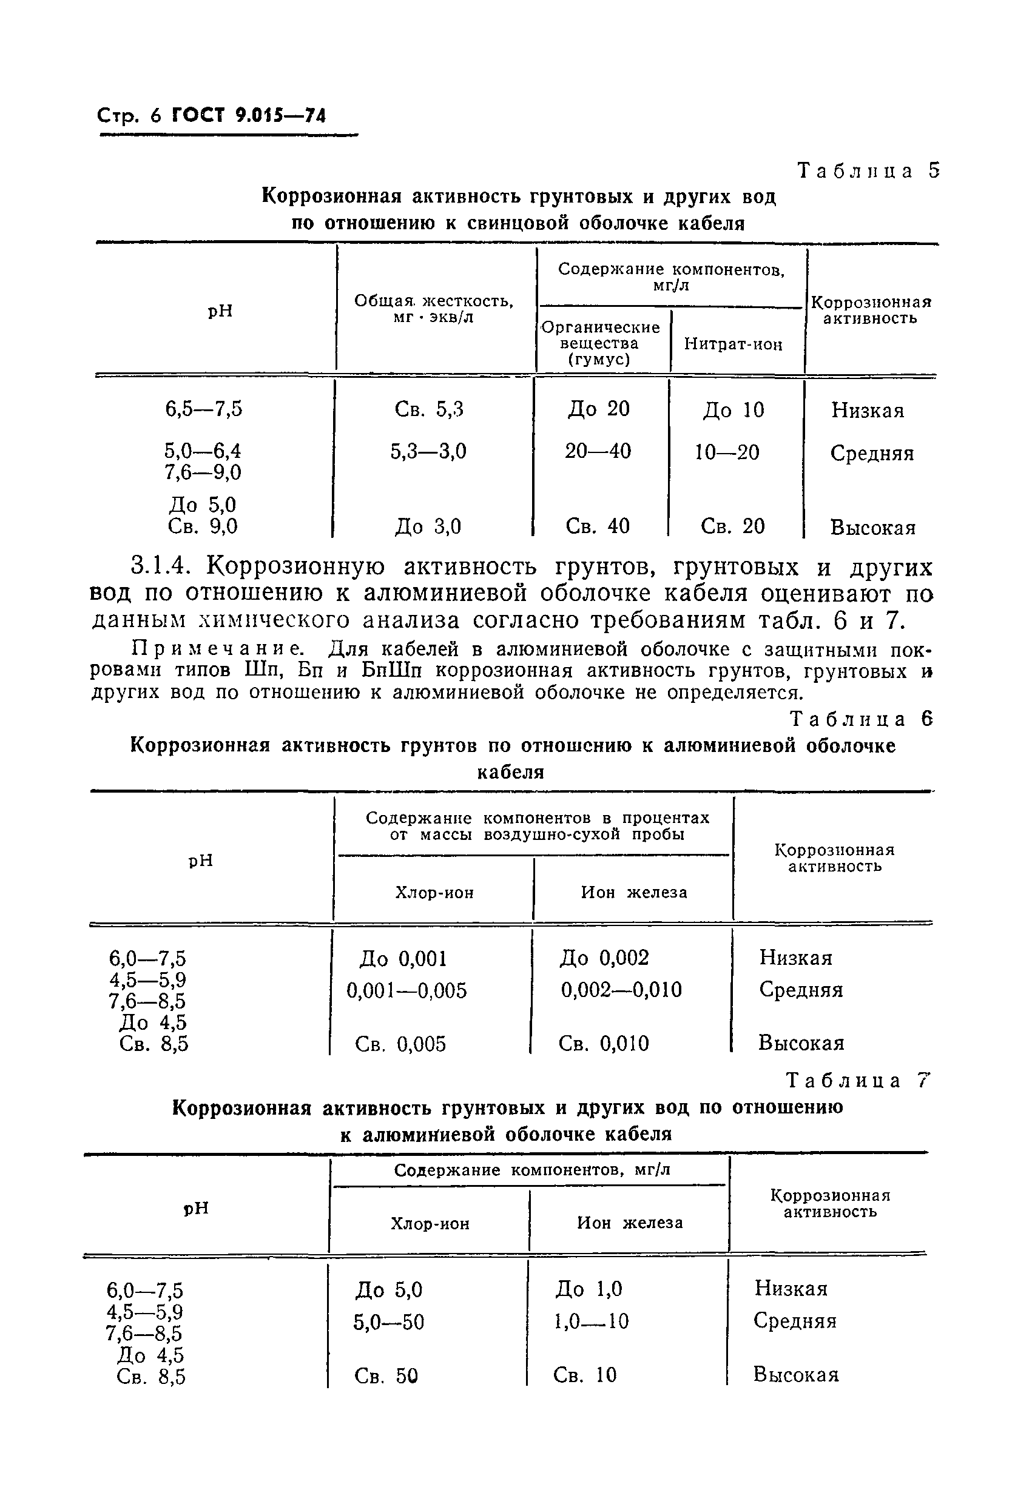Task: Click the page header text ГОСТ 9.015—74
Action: click(249, 116)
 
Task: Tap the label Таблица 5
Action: click(868, 171)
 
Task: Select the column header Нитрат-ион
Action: click(733, 344)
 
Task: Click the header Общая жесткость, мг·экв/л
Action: click(434, 309)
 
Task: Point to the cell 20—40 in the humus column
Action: click(598, 451)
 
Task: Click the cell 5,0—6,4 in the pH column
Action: click(203, 451)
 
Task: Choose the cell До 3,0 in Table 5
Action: click(428, 527)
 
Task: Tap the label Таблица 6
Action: click(862, 719)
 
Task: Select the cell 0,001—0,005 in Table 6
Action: click(406, 991)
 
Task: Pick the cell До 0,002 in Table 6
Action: click(604, 958)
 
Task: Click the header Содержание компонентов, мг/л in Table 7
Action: click(532, 1170)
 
